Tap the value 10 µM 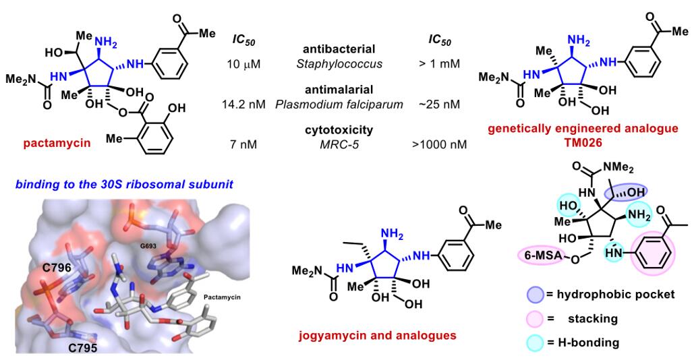[243, 65]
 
